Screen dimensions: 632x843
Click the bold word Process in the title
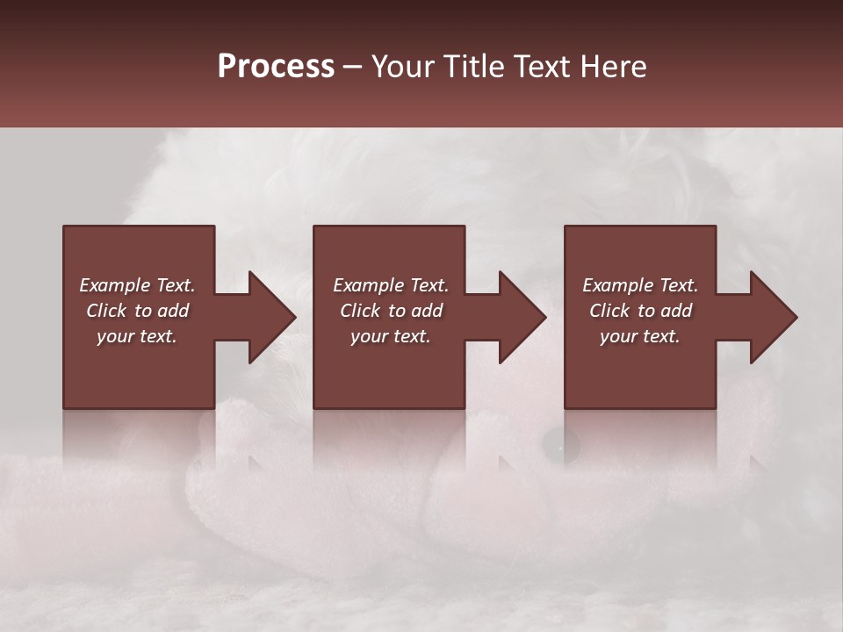[x=276, y=67]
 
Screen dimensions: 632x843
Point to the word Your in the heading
[x=404, y=67]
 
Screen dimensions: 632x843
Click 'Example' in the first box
[x=113, y=285]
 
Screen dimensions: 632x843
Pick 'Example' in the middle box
[x=367, y=285]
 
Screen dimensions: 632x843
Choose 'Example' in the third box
[x=616, y=285]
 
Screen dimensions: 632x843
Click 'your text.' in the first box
[x=137, y=336]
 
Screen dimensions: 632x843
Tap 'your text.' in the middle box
[x=391, y=336]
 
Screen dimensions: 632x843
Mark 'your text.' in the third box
[x=640, y=336]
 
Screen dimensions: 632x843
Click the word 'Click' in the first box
[x=106, y=311]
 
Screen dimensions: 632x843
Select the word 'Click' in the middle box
[x=360, y=311]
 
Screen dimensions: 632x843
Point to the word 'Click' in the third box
[x=609, y=311]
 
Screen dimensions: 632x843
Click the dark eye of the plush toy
[x=560, y=447]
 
